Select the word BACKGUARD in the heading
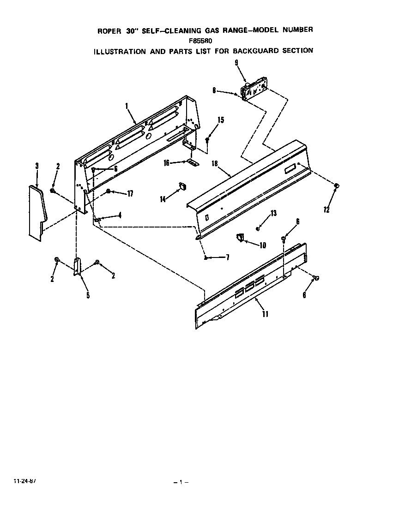pyautogui.click(x=264, y=50)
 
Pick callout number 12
pyautogui.click(x=326, y=210)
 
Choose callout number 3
pyautogui.click(x=36, y=166)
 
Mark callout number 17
pyautogui.click(x=130, y=194)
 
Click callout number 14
pyautogui.click(x=163, y=199)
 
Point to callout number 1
pyautogui.click(x=126, y=106)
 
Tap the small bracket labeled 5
pyautogui.click(x=77, y=267)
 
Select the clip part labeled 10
pyautogui.click(x=239, y=237)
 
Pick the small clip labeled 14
pyautogui.click(x=181, y=186)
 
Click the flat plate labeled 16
pyautogui.click(x=192, y=162)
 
